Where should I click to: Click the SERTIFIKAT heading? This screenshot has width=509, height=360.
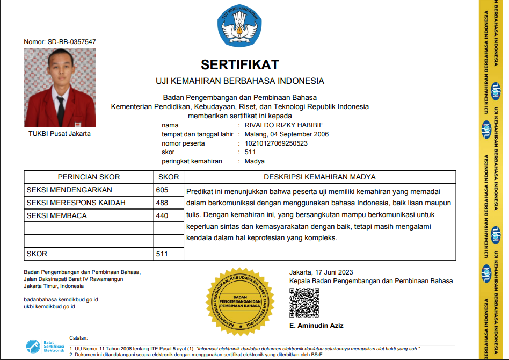coord(240,65)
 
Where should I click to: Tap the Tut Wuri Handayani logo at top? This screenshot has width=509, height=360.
coord(240,26)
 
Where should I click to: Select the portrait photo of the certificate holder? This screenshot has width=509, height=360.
coord(60,87)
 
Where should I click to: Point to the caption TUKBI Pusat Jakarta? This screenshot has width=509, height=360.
coord(60,134)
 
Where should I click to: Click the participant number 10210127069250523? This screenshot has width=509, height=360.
coord(276,143)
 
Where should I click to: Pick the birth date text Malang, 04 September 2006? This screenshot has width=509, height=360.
coord(286,134)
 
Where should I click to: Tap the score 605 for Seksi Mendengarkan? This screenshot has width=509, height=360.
coord(162,190)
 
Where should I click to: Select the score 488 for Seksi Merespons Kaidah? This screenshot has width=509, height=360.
coord(162,203)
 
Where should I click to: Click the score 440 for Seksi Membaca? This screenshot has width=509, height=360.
coord(162,215)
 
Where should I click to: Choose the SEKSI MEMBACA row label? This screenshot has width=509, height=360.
coord(56,215)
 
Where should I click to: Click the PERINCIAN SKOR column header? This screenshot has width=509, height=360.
coord(89,177)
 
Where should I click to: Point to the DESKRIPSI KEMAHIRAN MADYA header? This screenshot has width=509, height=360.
coord(319,177)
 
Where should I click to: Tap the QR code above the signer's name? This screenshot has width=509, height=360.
coord(304,303)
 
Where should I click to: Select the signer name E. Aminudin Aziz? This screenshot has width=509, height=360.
coord(316,326)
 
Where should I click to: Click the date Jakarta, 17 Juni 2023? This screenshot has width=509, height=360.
coord(321,272)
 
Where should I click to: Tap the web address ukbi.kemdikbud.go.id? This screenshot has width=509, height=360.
coord(49,306)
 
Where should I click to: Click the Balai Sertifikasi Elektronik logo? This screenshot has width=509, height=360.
coord(46,346)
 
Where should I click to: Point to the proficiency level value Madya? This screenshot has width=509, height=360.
coord(255,161)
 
